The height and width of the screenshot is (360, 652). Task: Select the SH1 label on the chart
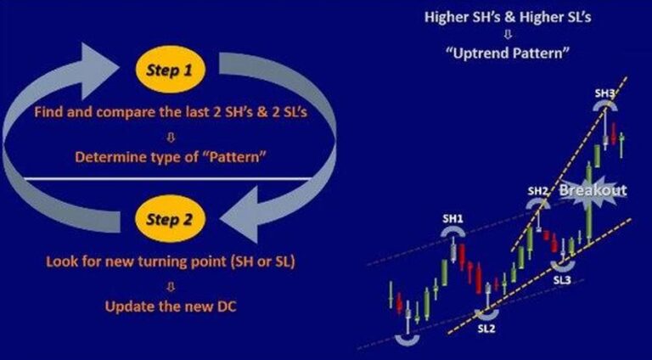click(452, 219)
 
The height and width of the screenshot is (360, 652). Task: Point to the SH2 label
click(537, 191)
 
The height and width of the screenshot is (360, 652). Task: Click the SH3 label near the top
click(604, 93)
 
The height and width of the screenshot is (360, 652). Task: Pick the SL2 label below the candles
click(486, 328)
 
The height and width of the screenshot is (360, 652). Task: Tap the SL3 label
click(563, 279)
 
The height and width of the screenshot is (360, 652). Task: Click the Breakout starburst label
click(593, 190)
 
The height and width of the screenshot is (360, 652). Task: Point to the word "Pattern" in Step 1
click(210, 157)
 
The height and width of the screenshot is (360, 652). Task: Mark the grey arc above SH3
click(604, 104)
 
